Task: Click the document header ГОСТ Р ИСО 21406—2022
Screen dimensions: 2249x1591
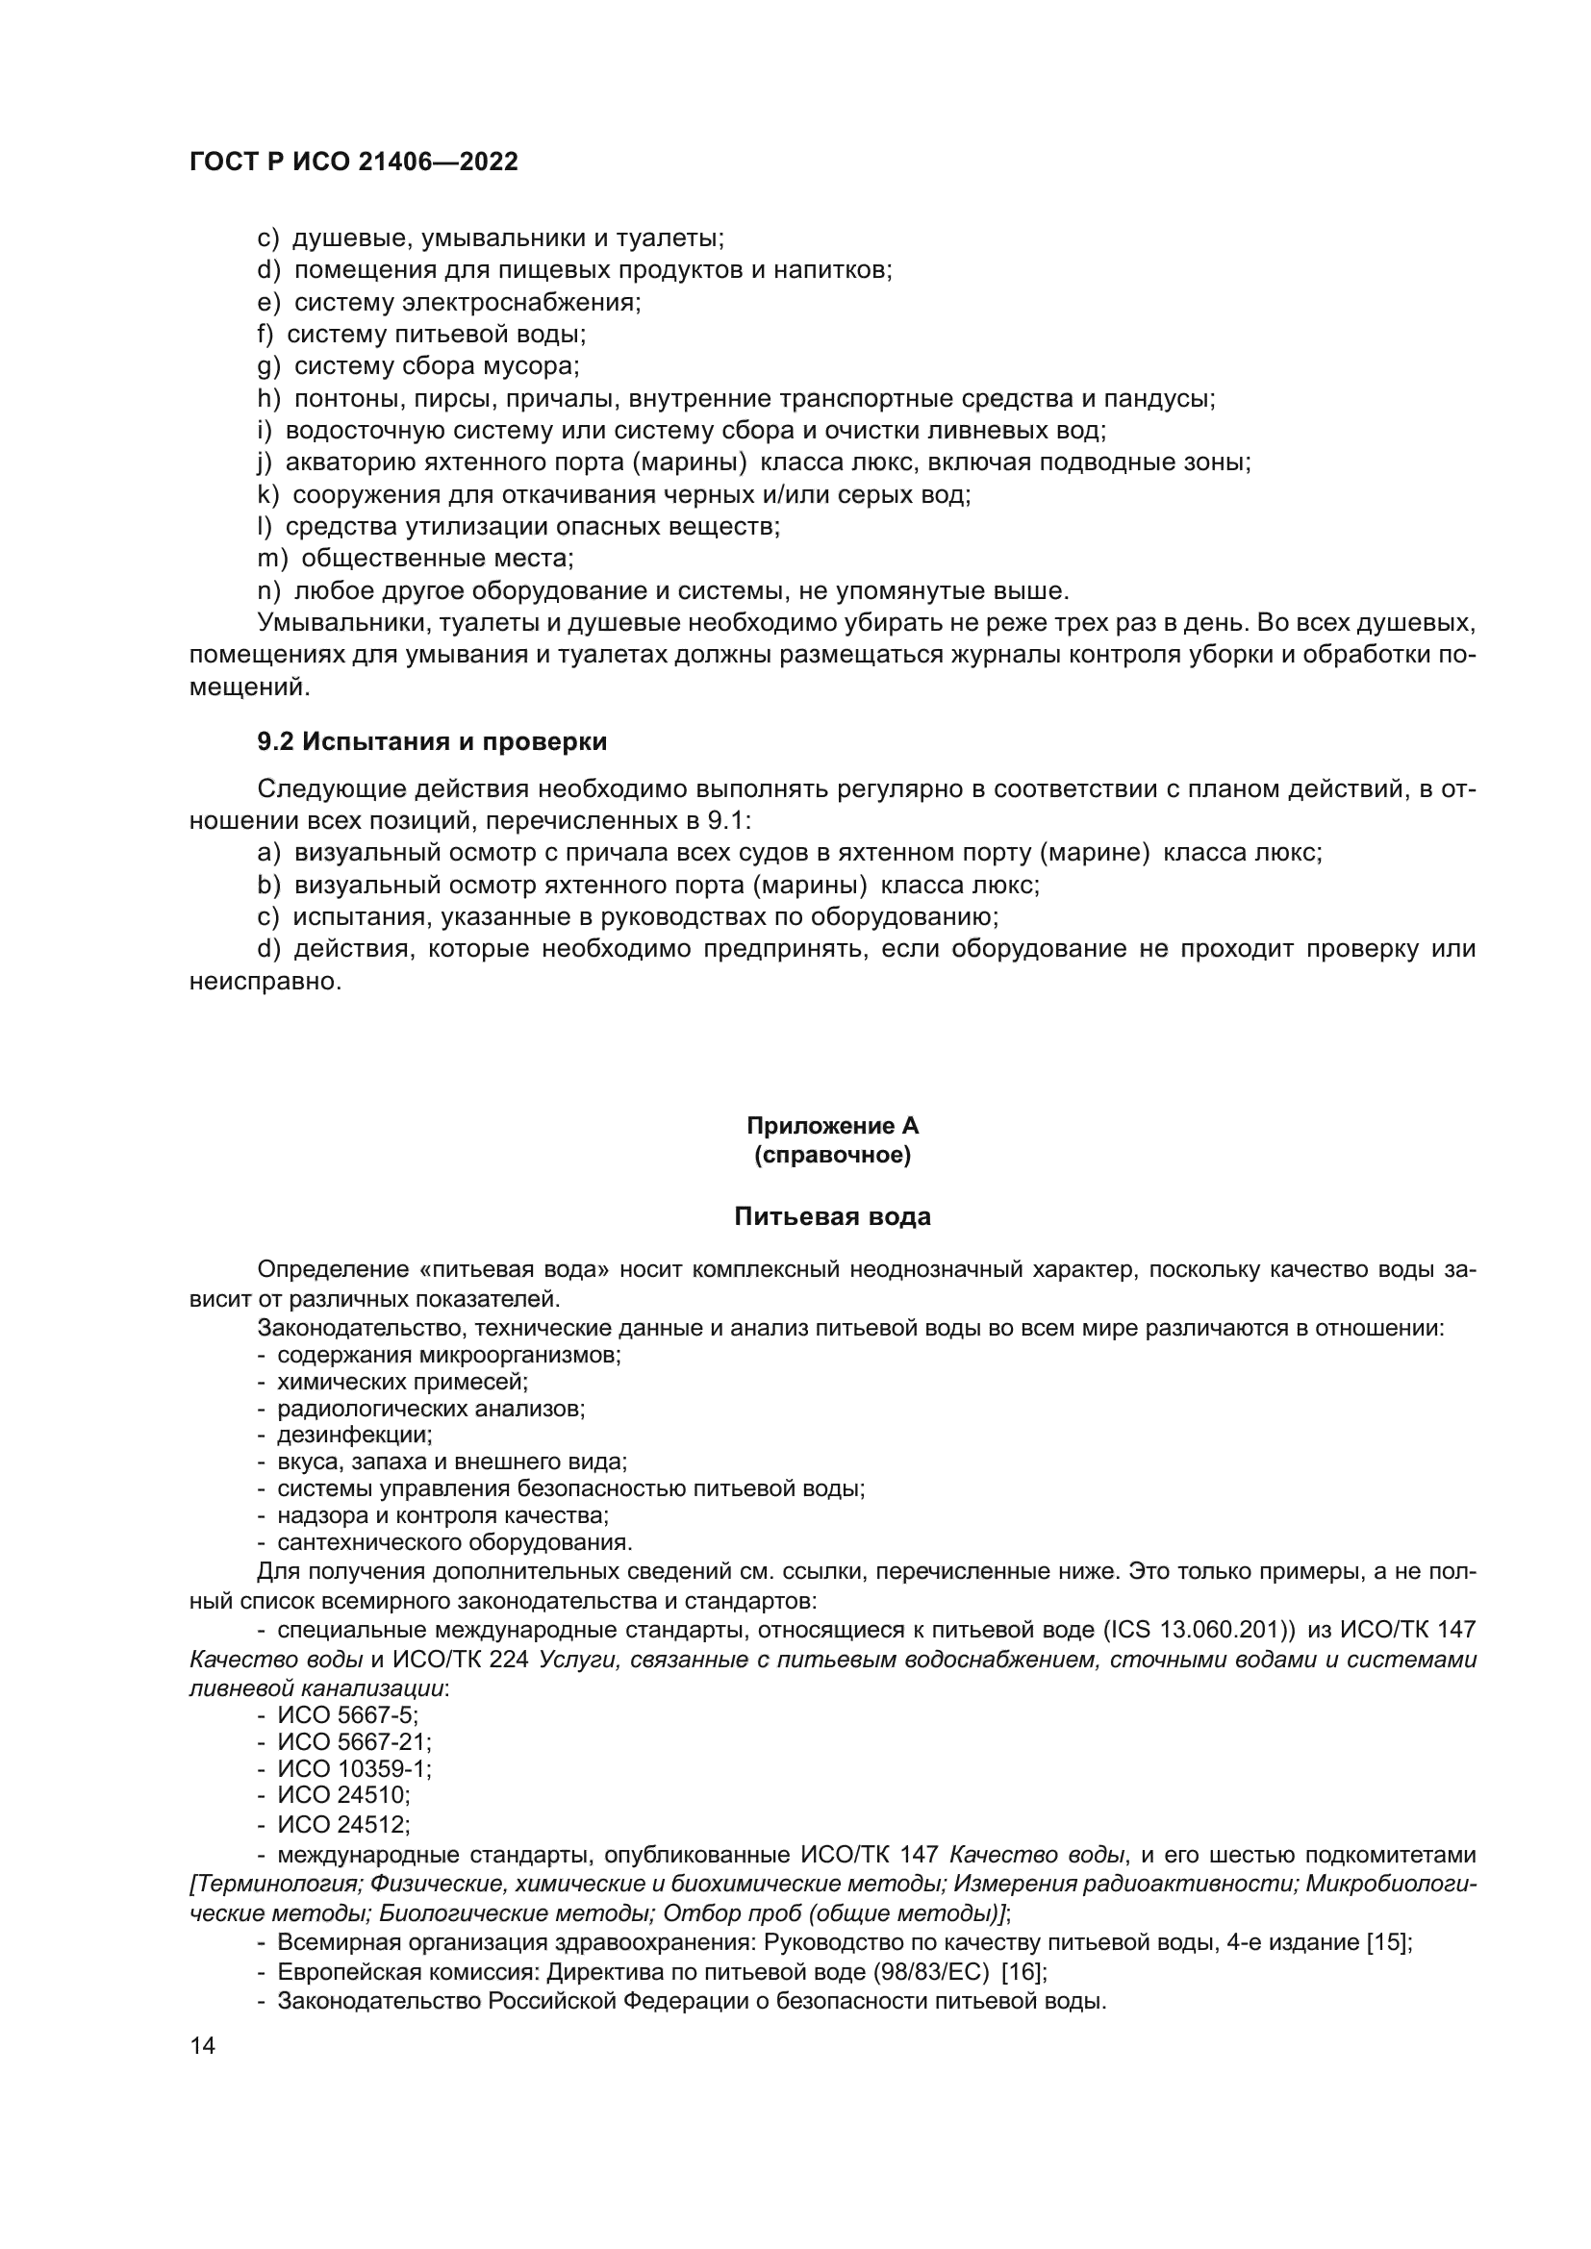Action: pos(353,162)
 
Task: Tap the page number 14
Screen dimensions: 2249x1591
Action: pos(203,2045)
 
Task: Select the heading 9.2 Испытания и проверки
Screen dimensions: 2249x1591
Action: pos(432,742)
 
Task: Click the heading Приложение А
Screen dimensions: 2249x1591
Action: pos(832,1126)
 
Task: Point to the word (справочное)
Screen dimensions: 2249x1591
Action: pos(832,1156)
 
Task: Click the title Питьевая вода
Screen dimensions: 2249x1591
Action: pos(832,1217)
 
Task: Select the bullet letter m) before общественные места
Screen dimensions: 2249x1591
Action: pos(272,560)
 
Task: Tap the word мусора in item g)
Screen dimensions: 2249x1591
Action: pos(538,367)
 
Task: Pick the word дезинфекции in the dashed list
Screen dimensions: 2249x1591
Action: pos(354,1436)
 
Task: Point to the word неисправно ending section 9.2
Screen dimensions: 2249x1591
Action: pos(265,982)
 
